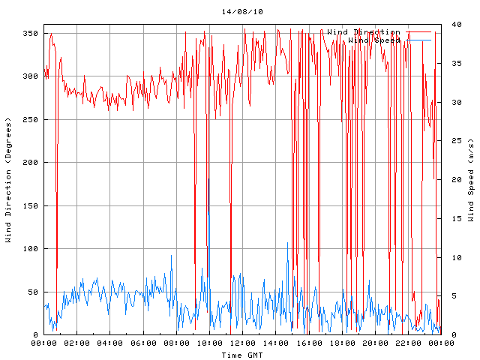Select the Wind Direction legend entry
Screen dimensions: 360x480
(363, 32)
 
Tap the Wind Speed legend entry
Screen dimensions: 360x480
(373, 40)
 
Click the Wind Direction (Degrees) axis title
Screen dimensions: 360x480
(8, 180)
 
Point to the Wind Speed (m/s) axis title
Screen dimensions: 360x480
(471, 180)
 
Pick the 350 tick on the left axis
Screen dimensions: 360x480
(30, 34)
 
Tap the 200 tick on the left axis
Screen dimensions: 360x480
(30, 163)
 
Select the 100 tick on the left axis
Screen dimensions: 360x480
(30, 249)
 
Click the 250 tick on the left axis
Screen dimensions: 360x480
(30, 120)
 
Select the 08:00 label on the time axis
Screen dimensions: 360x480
(176, 343)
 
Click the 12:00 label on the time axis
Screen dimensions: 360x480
(242, 343)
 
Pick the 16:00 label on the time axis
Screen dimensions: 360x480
(308, 343)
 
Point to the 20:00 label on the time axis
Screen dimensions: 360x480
(374, 343)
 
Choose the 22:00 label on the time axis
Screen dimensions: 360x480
(407, 343)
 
